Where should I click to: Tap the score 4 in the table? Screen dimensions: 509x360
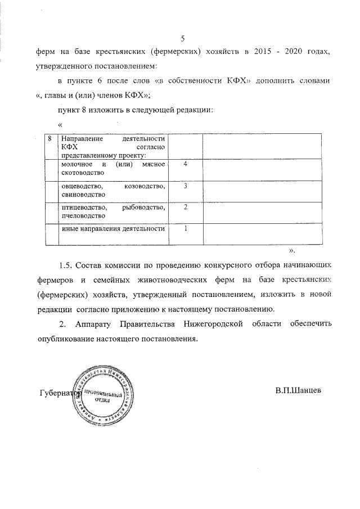click(x=185, y=164)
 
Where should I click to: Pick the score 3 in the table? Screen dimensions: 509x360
click(x=185, y=186)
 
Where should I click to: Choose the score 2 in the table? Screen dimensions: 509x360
click(x=185, y=207)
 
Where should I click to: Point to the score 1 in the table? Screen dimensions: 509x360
click(x=185, y=228)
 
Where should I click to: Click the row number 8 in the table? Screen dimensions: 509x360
click(x=51, y=138)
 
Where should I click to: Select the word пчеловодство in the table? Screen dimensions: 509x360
click(x=83, y=215)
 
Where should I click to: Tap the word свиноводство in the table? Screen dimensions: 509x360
click(x=83, y=194)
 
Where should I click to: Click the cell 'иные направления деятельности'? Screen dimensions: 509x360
click(x=113, y=229)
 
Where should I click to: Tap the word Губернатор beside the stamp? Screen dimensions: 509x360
click(x=60, y=393)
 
